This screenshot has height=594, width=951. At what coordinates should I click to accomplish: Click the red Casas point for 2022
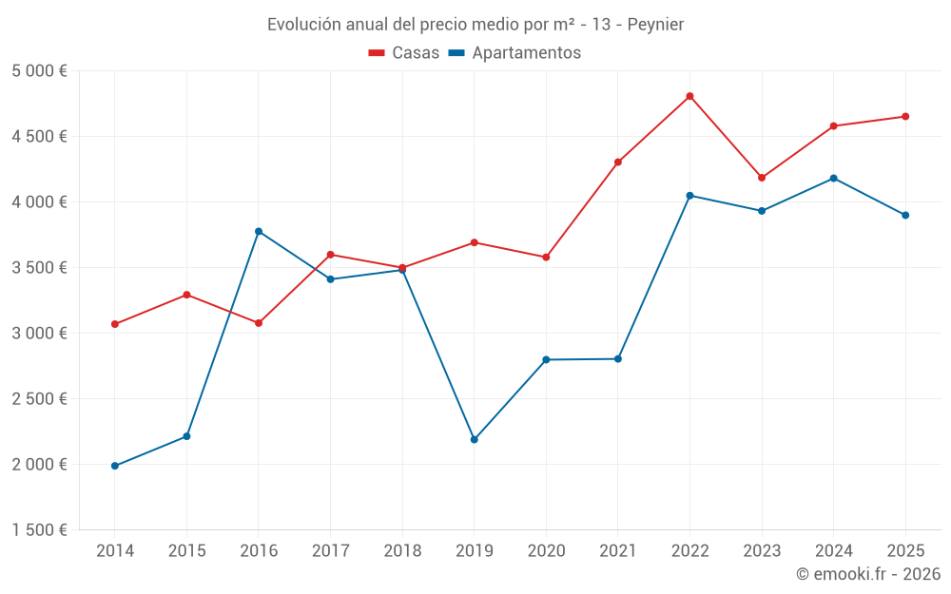point(689,96)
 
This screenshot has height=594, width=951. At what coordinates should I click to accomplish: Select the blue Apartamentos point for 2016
point(259,231)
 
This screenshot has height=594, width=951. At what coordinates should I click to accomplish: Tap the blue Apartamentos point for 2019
point(474,439)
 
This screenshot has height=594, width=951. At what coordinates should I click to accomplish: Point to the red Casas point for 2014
point(115,324)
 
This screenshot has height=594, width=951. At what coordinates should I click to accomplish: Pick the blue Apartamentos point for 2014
point(115,466)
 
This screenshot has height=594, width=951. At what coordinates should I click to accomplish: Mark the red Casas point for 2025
point(905,117)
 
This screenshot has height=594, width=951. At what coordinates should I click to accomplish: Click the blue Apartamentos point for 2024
point(833,178)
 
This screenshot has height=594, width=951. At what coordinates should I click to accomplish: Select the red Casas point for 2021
point(618,162)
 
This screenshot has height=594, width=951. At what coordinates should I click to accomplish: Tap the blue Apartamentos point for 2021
point(618,358)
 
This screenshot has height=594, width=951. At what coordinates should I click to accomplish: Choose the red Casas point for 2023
point(762,178)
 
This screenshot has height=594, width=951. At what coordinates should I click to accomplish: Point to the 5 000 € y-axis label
point(39,71)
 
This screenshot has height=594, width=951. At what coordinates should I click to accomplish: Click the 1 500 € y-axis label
point(39,530)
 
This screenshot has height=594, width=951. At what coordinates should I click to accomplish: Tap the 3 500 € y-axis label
point(39,268)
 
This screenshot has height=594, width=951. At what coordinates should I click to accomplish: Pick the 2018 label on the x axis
point(402,550)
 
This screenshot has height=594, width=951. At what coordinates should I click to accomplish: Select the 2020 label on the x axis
point(546,550)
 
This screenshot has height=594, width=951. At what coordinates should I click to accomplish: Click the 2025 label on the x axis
point(905,550)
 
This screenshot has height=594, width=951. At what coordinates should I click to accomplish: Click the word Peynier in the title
point(654,24)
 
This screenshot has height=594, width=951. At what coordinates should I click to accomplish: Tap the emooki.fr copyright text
point(868,574)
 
